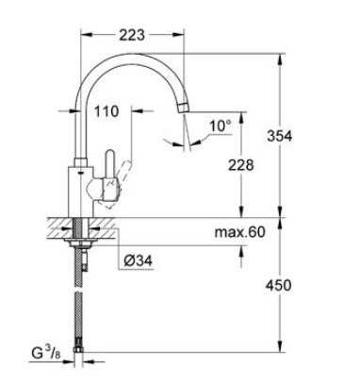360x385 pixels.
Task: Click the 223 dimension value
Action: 132,35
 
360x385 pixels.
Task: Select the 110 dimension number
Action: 106,111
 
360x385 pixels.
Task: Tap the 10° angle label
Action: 221,126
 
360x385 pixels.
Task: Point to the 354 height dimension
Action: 279,136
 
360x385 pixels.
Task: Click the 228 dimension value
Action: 240,165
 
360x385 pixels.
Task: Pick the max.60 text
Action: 240,232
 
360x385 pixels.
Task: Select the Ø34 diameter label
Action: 138,260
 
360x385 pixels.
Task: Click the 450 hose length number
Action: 278,285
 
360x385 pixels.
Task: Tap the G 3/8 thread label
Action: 46,353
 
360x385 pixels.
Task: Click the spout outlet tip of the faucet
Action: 184,107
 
